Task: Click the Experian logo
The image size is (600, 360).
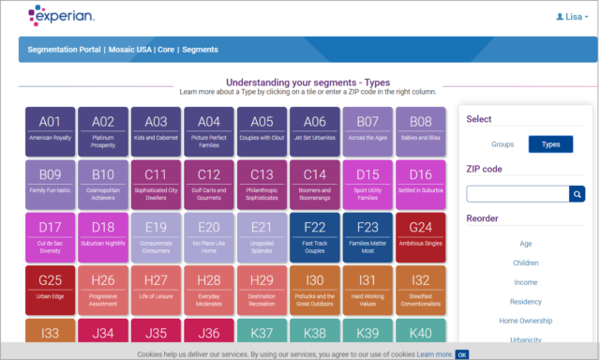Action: coord(61,16)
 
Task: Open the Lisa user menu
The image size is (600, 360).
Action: coord(572,17)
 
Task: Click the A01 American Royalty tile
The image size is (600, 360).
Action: coord(50,129)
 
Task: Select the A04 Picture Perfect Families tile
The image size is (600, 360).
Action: coord(209,129)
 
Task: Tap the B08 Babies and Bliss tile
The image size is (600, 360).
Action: coord(421,129)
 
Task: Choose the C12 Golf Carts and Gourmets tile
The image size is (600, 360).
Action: coord(209,182)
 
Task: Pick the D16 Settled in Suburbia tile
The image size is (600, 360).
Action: coord(421,182)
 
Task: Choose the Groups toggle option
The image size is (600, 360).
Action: coord(502,144)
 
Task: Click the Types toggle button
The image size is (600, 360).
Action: coord(550,144)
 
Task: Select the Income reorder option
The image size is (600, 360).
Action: coord(525,282)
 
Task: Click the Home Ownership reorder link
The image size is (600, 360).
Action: coord(525,321)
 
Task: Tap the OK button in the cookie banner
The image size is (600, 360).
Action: coord(462,354)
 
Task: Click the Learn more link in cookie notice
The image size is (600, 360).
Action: coord(434,354)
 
